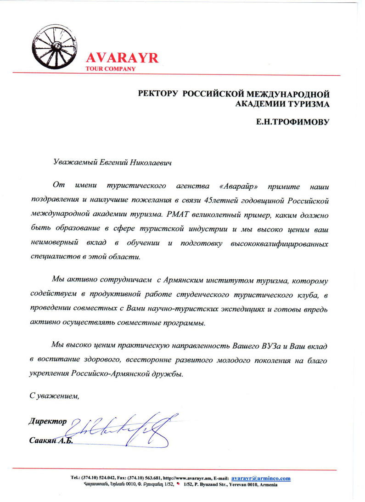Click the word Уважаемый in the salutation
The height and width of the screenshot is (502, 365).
[x=73, y=162]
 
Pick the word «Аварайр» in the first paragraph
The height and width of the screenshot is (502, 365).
[x=238, y=186]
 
